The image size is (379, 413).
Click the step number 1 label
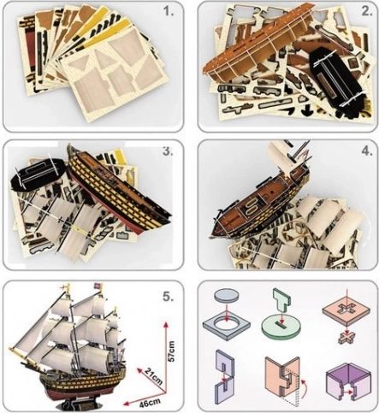click(x=169, y=11)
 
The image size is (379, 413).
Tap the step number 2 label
click(x=367, y=11)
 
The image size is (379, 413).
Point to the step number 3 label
click(x=168, y=151)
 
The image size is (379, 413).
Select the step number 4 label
click(x=367, y=151)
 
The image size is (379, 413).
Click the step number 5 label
click(x=168, y=297)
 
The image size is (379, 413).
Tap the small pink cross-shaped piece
click(x=346, y=338)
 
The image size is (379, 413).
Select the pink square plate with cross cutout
click(x=346, y=310)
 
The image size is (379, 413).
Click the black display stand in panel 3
click(x=38, y=173)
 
